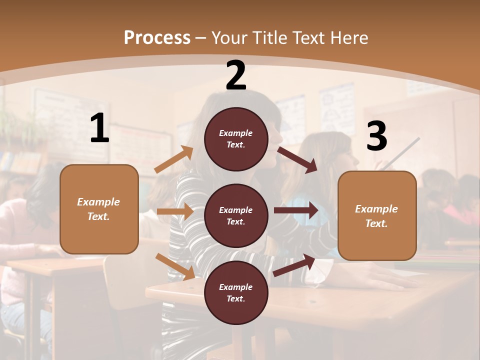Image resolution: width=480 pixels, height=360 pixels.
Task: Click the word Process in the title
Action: coord(157,38)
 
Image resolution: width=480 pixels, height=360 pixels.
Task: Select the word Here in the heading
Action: coord(349,38)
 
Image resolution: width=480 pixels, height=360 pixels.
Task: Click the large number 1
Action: coord(99,128)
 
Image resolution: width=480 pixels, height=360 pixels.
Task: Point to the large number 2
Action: coord(236,76)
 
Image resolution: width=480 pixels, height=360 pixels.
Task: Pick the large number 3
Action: coord(377,136)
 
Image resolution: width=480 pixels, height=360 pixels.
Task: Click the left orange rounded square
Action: coord(99,209)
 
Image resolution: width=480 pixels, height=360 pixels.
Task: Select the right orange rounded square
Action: coord(377,215)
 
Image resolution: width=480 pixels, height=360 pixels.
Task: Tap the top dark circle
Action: coord(236,139)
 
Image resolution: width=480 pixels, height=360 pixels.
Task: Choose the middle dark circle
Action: coord(236,215)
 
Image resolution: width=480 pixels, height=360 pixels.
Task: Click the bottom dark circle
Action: coord(236,292)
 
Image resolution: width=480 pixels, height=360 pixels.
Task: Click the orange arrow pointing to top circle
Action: coord(174,159)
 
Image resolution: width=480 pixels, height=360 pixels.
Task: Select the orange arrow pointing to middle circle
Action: coord(175,211)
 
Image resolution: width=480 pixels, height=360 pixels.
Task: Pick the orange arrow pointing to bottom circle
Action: coord(175,266)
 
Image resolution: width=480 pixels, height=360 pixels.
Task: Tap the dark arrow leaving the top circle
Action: coord(297,159)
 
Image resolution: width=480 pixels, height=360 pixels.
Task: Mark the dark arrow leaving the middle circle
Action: coord(296,210)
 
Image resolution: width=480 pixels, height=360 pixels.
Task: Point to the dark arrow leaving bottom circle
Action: coord(294,265)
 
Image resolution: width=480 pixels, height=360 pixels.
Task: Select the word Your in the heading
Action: coord(228,38)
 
